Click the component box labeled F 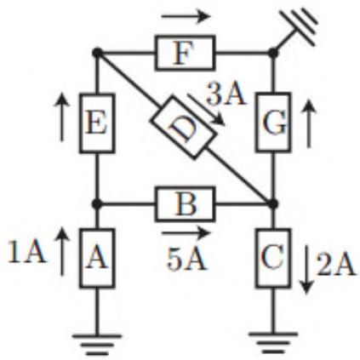coord(185,53)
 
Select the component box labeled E coord(97,123)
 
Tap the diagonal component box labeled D coord(182,128)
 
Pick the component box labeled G coord(273,122)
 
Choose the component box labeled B coord(185,204)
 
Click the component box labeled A coord(97,258)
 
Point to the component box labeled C coord(273,258)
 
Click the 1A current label coord(26,252)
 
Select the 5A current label coord(186,259)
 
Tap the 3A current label coord(226,94)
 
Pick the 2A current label coord(336,265)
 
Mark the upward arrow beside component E coord(61,117)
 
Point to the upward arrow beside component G coord(309,124)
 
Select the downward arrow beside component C coord(306,270)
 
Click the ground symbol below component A coord(97,345)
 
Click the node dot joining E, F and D coord(97,53)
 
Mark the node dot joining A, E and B coord(97,203)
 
